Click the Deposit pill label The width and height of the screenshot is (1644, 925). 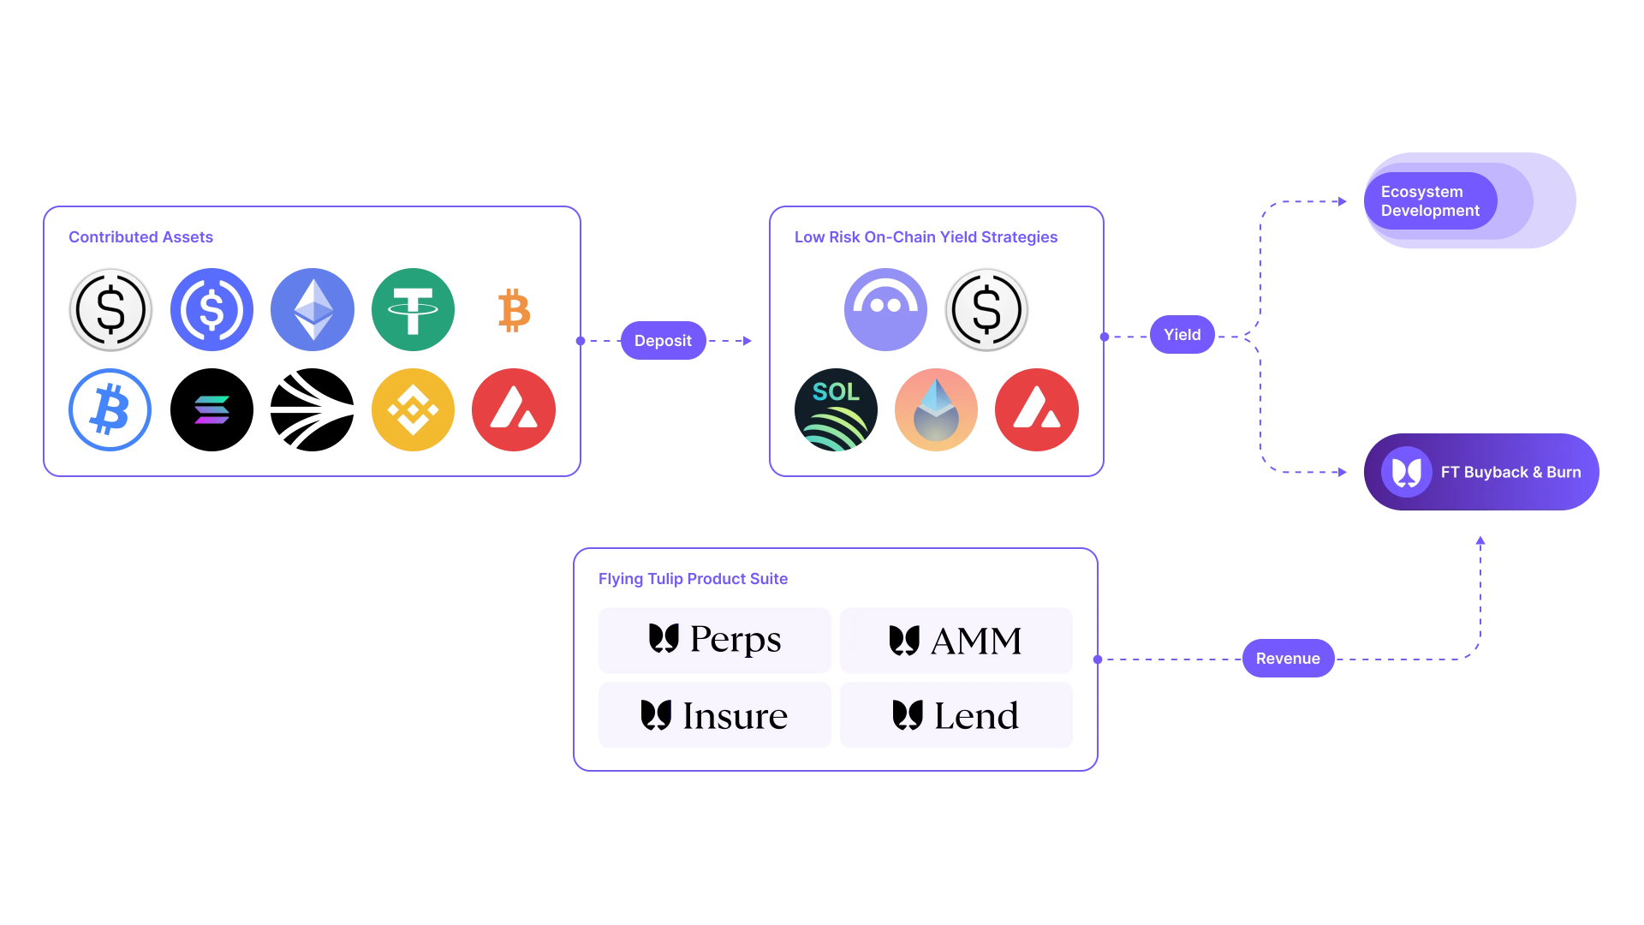pos(663,341)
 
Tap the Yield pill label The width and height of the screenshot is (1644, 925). pos(1182,335)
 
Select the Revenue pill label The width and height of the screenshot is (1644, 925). pos(1288,659)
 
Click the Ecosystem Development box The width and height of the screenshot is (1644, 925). pos(1469,201)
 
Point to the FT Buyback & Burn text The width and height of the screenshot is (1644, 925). pos(1510,473)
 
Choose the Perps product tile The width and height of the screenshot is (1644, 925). pos(714,641)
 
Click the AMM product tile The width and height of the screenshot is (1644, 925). pos(956,641)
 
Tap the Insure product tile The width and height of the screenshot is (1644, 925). pos(714,716)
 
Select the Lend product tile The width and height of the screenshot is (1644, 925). pos(956,716)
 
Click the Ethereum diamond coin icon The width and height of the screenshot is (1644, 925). pos(313,310)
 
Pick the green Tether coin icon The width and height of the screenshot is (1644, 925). pos(413,310)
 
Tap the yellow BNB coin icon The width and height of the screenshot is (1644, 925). pos(413,410)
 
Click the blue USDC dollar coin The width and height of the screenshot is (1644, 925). pos(211,310)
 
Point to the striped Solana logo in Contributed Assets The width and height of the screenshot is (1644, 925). pos(211,410)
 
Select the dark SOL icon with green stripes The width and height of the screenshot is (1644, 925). pos(836,410)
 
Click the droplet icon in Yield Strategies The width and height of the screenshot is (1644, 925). pos(936,410)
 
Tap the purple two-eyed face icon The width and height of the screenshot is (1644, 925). pos(885,310)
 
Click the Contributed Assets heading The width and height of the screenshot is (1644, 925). pos(140,237)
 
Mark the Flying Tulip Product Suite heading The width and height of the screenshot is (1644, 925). pos(693,579)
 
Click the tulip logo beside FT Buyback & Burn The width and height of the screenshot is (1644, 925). pos(1406,472)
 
